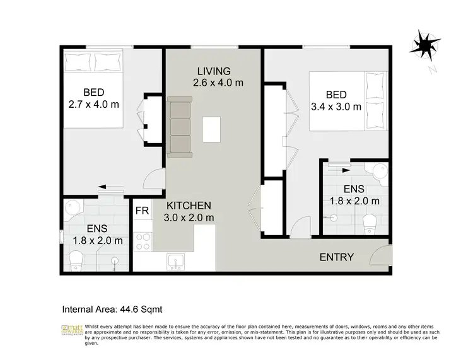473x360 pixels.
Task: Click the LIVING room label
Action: (x=213, y=71)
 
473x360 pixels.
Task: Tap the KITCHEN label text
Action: (x=189, y=206)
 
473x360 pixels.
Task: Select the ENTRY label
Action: (x=337, y=257)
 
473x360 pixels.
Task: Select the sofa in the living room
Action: (x=180, y=127)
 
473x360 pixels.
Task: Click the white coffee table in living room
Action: (x=212, y=129)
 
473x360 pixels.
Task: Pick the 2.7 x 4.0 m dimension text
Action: (x=93, y=105)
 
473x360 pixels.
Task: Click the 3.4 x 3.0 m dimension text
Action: (x=336, y=107)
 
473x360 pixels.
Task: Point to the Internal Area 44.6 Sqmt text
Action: (x=112, y=309)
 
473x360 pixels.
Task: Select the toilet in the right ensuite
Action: (x=370, y=221)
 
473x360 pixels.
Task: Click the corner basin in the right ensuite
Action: (x=379, y=170)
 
